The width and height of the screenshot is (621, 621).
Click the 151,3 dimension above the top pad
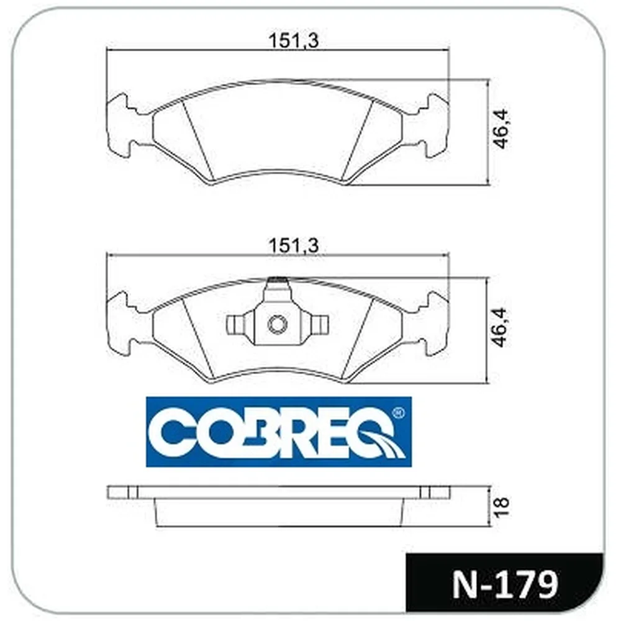pos(294,40)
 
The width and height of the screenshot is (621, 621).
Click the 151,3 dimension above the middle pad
pos(294,245)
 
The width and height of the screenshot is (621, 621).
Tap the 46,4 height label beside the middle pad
pos(501,327)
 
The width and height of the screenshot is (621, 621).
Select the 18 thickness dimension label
pos(501,507)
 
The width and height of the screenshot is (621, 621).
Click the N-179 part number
pos(505,584)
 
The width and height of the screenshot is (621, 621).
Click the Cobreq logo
pos(279,432)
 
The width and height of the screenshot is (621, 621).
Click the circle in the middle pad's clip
pos(277,325)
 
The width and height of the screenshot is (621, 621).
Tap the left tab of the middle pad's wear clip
pos(240,325)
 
